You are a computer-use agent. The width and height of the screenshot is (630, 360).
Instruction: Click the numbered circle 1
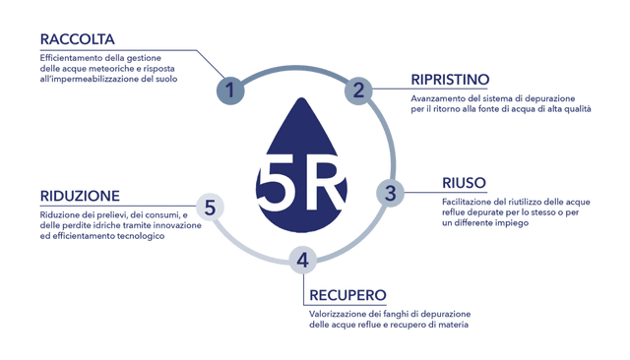pos(229,90)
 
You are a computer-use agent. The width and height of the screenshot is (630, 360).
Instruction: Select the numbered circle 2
pos(359,90)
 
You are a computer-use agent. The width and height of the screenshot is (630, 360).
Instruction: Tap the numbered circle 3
pos(390,193)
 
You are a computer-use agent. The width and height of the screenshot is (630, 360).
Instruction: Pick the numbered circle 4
pos(303,260)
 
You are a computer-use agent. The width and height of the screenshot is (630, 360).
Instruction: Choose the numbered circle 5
pos(210,207)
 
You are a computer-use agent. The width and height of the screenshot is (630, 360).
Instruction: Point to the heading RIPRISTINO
pos(448,79)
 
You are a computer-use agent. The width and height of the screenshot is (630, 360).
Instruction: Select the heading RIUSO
pos(464,182)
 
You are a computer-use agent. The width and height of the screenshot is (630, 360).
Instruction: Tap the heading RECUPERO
pos(346,295)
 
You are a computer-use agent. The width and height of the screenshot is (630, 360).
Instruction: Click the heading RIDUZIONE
pos(80,196)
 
